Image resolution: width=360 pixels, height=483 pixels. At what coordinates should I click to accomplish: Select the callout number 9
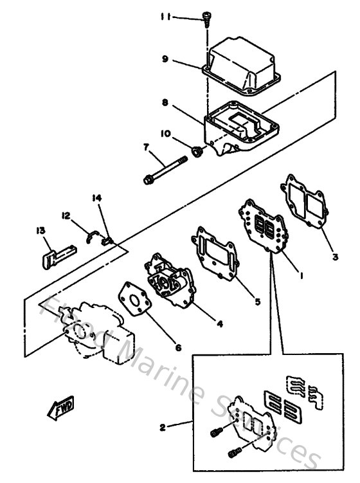pos(165,59)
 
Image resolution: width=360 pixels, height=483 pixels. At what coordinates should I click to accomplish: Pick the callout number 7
pos(146,147)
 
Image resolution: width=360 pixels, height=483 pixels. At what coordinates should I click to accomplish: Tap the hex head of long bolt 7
pos(149,179)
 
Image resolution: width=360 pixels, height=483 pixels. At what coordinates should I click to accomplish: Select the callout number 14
pos(97,199)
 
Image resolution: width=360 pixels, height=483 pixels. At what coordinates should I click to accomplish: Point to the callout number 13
pos(40,230)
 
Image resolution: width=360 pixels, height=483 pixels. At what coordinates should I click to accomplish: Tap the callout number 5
pos(258,300)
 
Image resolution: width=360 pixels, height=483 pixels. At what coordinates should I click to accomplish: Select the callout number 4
pos(219,324)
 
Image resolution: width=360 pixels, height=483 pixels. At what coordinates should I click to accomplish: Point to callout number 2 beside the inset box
pos(163,426)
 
